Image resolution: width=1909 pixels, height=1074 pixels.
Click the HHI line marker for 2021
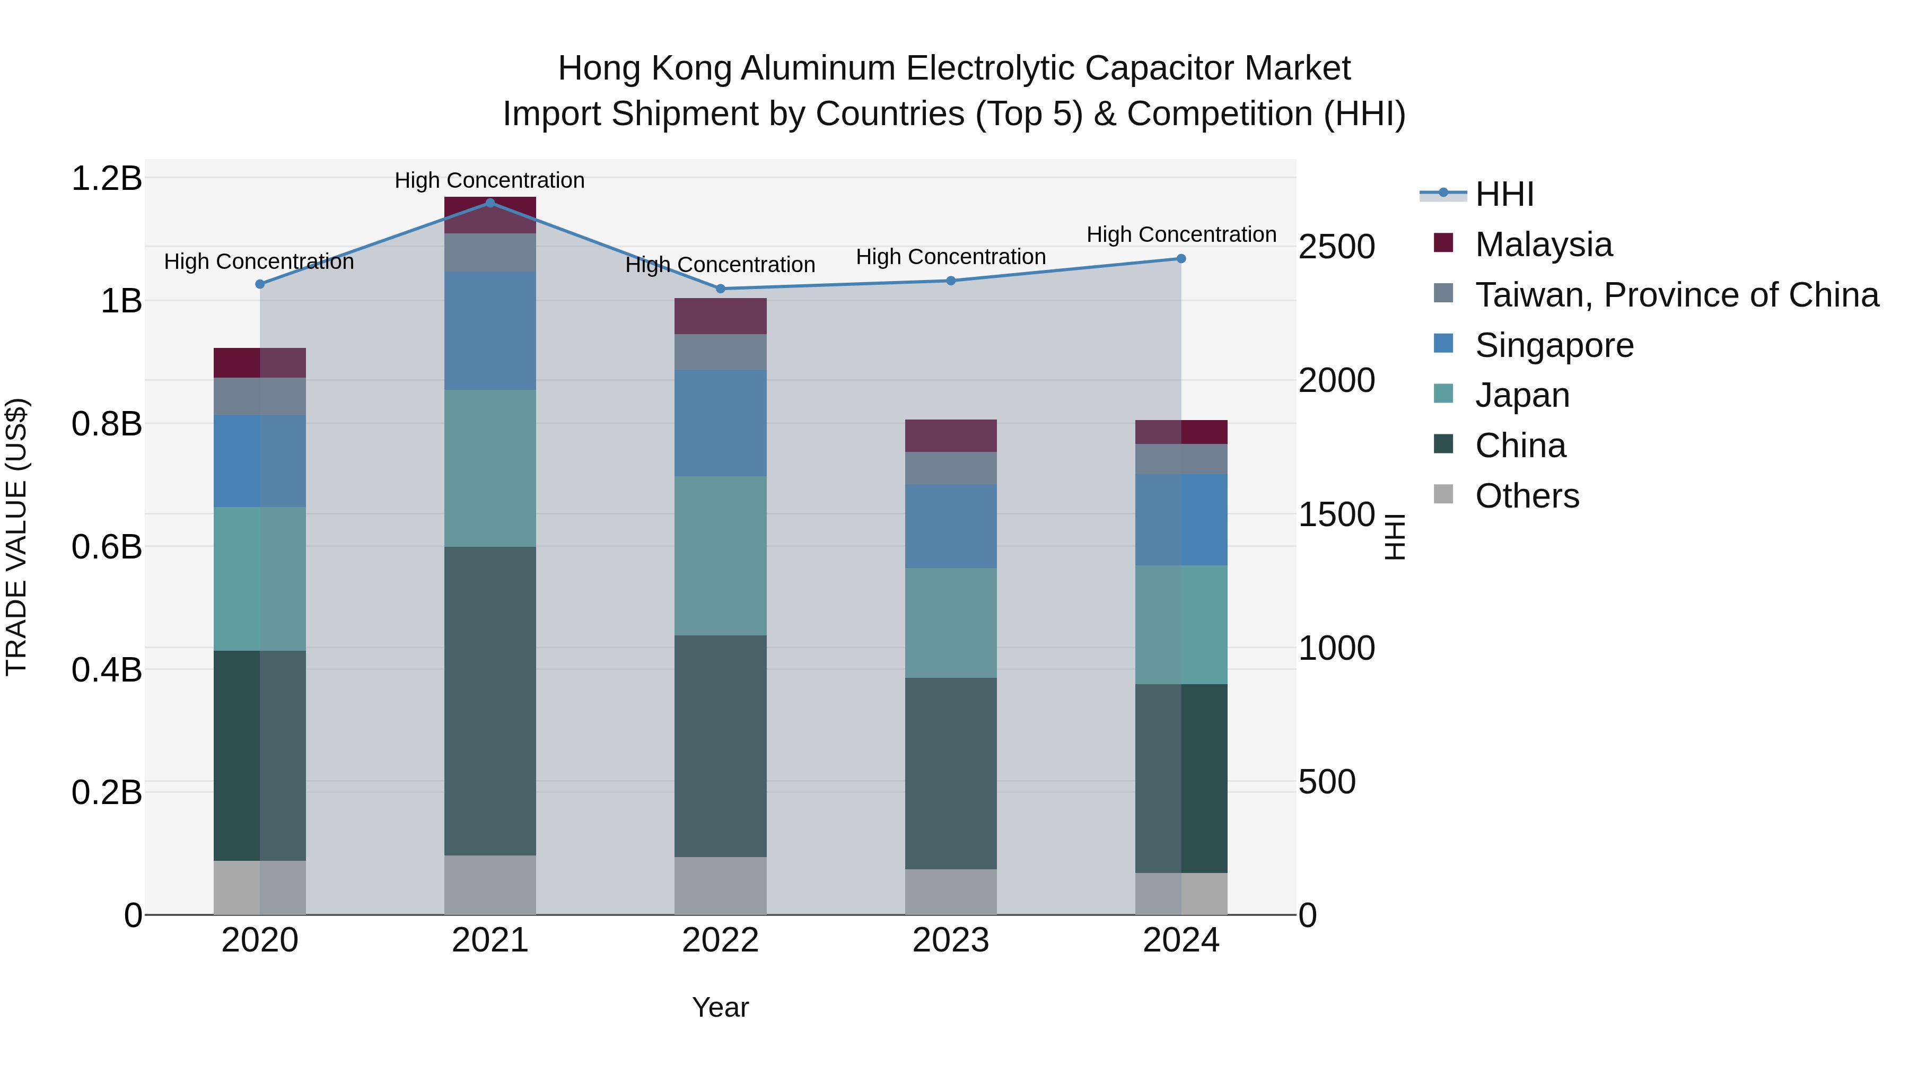pyautogui.click(x=490, y=203)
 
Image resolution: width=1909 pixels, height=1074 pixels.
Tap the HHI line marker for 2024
pyautogui.click(x=1181, y=259)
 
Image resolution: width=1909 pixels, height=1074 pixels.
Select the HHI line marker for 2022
pyautogui.click(x=720, y=289)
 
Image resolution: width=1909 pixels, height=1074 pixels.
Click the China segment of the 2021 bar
pyautogui.click(x=490, y=701)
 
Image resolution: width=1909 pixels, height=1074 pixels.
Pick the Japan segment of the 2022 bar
pyautogui.click(x=720, y=555)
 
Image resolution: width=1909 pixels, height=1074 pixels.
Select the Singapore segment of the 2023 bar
pyautogui.click(x=951, y=526)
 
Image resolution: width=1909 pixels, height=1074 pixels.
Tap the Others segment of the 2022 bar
pyautogui.click(x=720, y=885)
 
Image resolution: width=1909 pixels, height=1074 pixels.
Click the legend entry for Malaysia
pyautogui.click(x=1543, y=245)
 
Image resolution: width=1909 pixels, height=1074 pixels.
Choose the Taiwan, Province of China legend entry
pyautogui.click(x=1676, y=295)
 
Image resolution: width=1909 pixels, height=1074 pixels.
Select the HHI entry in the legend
pyautogui.click(x=1504, y=194)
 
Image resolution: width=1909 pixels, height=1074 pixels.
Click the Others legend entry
pyautogui.click(x=1527, y=496)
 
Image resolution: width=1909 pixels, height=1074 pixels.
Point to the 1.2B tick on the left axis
pyautogui.click(x=107, y=179)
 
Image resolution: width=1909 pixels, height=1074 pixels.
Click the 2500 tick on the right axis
pyautogui.click(x=1336, y=247)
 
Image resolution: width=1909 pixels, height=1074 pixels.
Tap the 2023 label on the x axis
pyautogui.click(x=951, y=940)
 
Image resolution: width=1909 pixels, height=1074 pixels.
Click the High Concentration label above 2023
pyautogui.click(x=951, y=257)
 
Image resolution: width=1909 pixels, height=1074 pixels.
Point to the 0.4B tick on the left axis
pyautogui.click(x=107, y=670)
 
